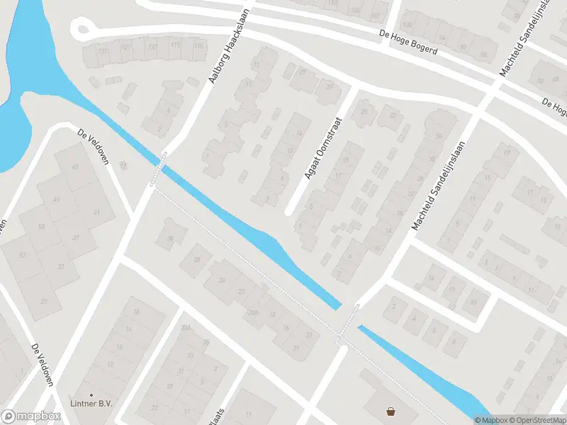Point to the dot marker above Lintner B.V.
91,395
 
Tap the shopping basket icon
391,411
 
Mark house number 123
152,46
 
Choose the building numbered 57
23,255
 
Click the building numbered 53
42,226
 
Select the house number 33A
186,327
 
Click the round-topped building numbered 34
439,134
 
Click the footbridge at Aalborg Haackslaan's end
159,169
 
